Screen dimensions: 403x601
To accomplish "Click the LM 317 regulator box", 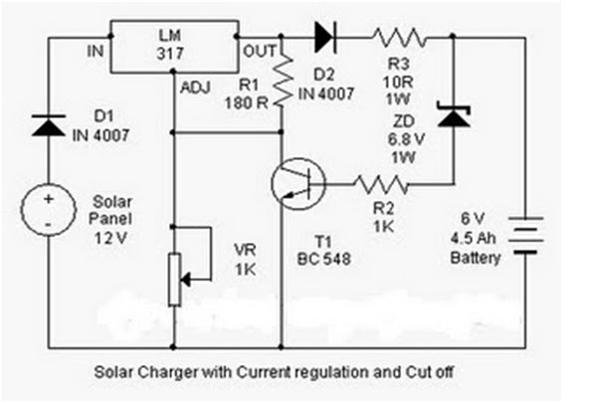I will click(x=175, y=48).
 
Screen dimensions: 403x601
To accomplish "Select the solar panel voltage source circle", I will click(x=49, y=211).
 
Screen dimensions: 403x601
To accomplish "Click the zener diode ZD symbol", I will click(x=454, y=117).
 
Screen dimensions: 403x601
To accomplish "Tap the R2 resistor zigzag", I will click(x=380, y=184).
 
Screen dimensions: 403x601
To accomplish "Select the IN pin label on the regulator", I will click(x=95, y=47).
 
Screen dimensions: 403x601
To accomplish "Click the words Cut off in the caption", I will click(x=437, y=369).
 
